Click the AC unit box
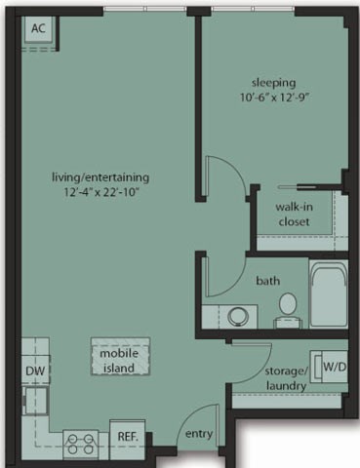(x=39, y=29)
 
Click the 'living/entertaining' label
(x=101, y=177)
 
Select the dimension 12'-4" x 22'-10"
(x=101, y=193)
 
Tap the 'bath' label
(x=268, y=281)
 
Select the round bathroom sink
(x=237, y=315)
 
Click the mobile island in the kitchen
(x=120, y=356)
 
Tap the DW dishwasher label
(x=32, y=371)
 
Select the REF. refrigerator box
(x=126, y=438)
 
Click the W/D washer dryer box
(x=333, y=367)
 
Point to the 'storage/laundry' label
(x=286, y=378)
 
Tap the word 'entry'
(x=198, y=435)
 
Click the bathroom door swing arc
(x=217, y=276)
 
